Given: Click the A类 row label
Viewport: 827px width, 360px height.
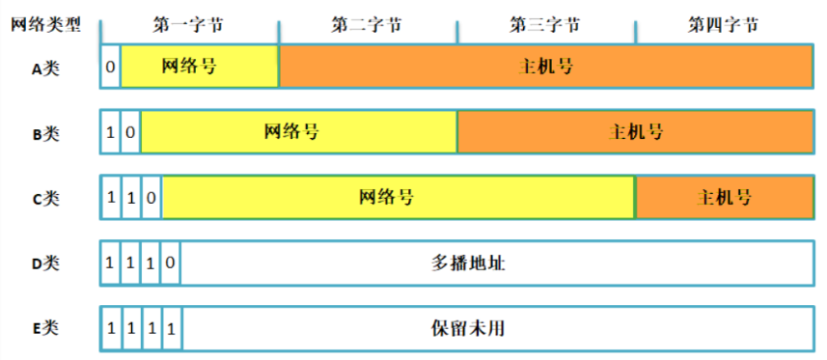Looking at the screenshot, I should pos(45,68).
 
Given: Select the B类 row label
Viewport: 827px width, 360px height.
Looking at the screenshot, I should pos(45,133).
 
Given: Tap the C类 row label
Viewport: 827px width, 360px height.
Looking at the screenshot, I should pos(45,198).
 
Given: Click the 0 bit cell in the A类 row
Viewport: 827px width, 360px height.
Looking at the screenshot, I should pos(111,68).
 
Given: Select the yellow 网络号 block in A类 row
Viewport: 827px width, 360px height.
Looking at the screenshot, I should pos(200,68).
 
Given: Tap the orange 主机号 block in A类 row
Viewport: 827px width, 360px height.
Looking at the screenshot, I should pos(546,68).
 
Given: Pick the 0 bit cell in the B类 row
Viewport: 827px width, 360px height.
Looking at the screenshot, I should pos(130,132).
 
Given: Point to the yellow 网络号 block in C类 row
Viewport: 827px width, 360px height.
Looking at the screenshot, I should pos(398,198).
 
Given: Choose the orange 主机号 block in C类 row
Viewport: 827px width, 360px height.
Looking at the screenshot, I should pos(724,198).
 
